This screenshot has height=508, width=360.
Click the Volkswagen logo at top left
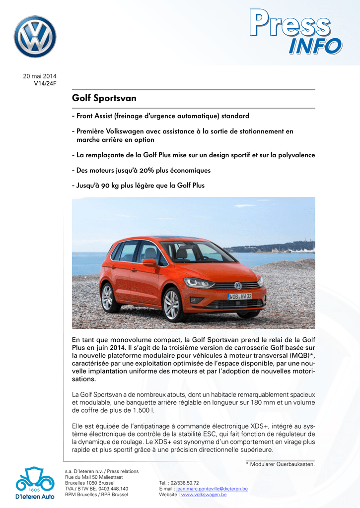click(x=35, y=37)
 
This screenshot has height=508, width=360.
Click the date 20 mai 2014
click(x=40, y=76)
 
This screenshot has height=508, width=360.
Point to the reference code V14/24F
click(x=45, y=83)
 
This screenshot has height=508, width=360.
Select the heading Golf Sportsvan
click(x=104, y=98)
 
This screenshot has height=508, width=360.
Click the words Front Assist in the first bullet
click(x=94, y=116)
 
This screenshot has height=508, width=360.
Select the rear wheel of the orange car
click(x=107, y=297)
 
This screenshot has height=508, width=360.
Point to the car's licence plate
click(x=239, y=297)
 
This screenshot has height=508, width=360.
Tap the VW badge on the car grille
click(x=238, y=286)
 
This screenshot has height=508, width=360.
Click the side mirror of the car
click(x=148, y=262)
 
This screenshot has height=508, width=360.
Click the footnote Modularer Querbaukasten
click(x=282, y=464)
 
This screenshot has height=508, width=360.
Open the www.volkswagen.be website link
click(x=204, y=495)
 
